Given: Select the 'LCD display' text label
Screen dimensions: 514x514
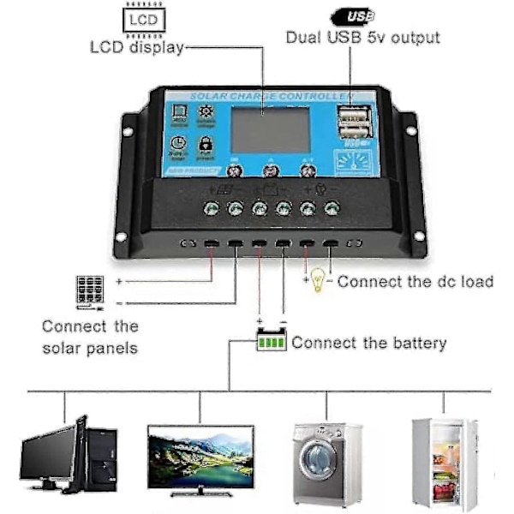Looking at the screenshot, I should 137,47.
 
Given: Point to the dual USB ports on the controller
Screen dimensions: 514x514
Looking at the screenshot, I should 351,123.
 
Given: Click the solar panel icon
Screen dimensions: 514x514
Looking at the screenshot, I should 88,290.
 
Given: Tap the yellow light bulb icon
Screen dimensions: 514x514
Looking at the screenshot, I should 318,280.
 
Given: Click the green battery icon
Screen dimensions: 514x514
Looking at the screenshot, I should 272,343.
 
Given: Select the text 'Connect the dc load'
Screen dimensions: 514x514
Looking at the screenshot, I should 415,281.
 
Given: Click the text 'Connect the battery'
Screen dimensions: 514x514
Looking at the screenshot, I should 369,344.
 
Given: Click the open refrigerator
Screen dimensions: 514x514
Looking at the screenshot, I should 445,459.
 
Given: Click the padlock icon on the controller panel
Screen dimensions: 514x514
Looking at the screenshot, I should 205,146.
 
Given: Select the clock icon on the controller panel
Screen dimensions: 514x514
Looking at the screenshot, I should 178,146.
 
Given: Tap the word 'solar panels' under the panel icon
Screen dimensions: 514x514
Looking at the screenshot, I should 90,348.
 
